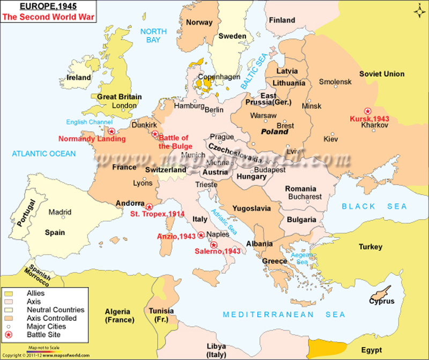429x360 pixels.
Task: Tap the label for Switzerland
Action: coord(166,170)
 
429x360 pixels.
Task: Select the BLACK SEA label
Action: coord(375,206)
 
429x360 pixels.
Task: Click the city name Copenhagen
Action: coord(219,77)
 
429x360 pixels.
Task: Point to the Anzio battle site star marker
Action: coord(201,235)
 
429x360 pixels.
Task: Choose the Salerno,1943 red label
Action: coord(217,252)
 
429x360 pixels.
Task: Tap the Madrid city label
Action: coord(60,212)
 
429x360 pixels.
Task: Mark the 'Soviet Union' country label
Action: coord(382,74)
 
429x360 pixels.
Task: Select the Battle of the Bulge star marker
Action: coord(155,134)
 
